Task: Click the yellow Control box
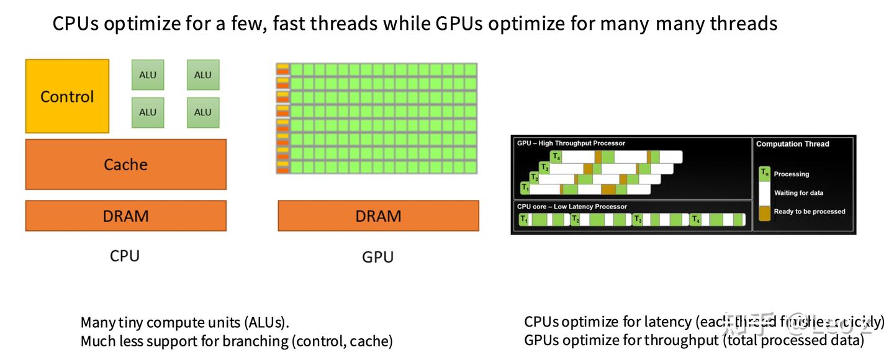point(67,96)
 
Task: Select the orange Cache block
point(125,164)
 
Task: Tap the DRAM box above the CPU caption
point(125,216)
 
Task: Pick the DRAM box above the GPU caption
point(378,216)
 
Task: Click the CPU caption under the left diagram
point(125,255)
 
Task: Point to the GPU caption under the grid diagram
point(377,256)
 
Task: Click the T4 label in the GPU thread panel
point(557,157)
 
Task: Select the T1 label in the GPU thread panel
point(525,187)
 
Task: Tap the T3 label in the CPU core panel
point(638,220)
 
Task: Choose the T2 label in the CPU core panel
point(576,220)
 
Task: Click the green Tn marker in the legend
point(765,173)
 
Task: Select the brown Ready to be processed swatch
point(765,212)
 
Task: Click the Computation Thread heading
point(792,144)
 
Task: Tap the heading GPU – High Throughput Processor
point(571,143)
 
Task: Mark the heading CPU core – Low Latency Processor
point(572,207)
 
